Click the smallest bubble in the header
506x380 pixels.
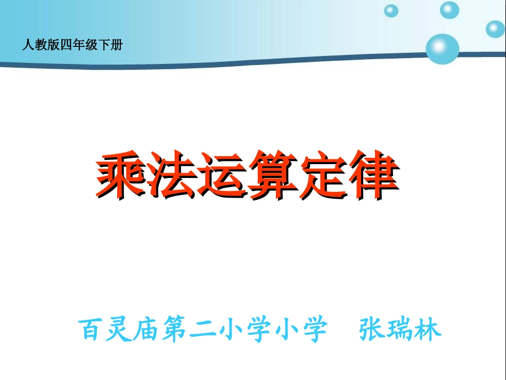pos(391,11)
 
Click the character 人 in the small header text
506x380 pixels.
pos(27,45)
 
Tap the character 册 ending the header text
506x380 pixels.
pos(118,45)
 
